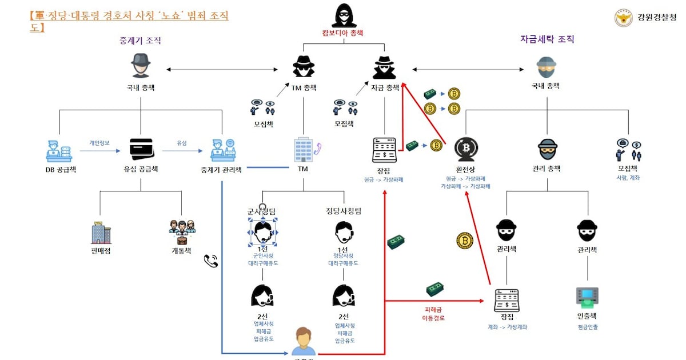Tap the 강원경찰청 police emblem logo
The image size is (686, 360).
tap(623, 18)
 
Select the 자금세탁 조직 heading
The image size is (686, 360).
tap(547, 39)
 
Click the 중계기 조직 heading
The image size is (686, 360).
tap(140, 41)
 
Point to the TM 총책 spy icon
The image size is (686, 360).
tap(304, 67)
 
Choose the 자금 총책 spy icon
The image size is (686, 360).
tap(385, 67)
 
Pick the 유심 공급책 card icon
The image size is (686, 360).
tap(141, 150)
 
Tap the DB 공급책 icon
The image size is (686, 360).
tap(60, 150)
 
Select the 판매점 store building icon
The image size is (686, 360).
tap(101, 233)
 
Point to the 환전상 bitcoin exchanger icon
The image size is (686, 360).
tap(465, 149)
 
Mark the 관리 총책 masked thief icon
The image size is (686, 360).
tap(547, 149)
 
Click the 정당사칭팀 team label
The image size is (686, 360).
tap(343, 211)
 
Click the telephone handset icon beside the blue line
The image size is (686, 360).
tap(211, 261)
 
